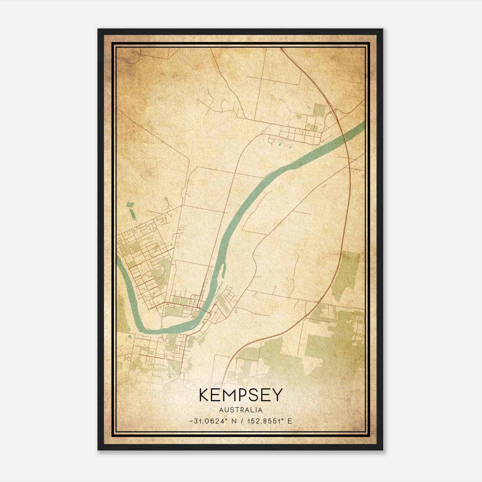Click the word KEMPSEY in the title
[x=241, y=395]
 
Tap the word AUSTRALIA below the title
[x=241, y=410]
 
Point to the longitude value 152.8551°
[x=265, y=421]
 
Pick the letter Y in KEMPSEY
[x=277, y=395]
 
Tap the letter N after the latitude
[x=234, y=421]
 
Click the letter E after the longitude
[x=290, y=421]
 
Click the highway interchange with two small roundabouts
[x=333, y=112]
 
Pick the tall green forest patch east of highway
[x=346, y=276]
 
